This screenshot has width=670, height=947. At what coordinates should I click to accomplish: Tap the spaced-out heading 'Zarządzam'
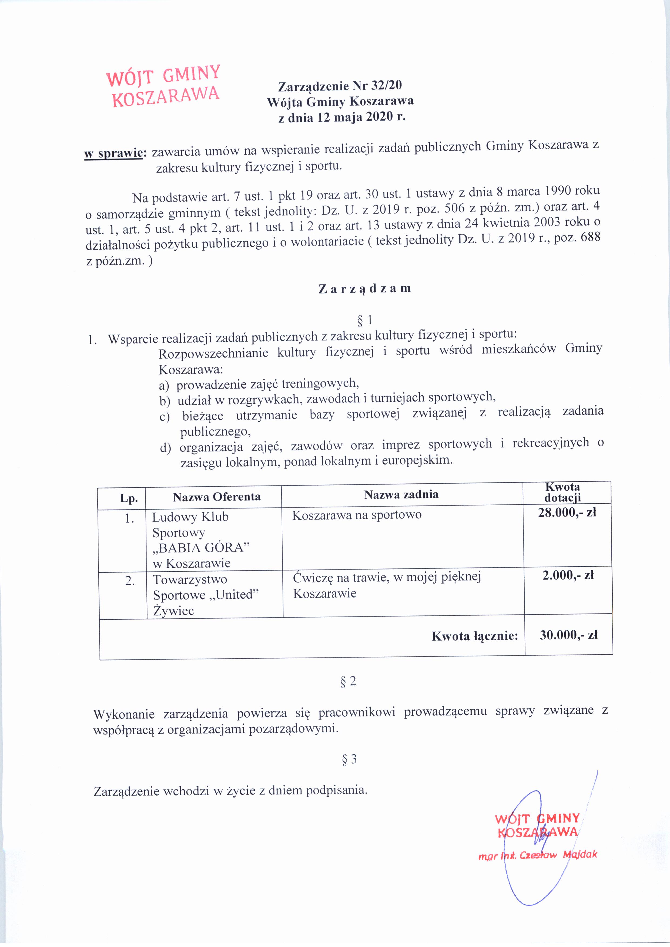pos(365,288)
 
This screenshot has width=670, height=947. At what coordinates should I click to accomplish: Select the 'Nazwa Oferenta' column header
pos(217,497)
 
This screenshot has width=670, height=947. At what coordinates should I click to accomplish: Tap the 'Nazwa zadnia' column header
pos(401,494)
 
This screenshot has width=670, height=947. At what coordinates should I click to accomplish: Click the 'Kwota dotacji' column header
pos(562,493)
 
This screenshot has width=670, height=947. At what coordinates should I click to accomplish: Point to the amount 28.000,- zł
pos(567,513)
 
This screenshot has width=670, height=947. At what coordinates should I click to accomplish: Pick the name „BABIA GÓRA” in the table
pos(201,548)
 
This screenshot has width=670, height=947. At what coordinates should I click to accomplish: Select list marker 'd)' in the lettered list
pos(165,448)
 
